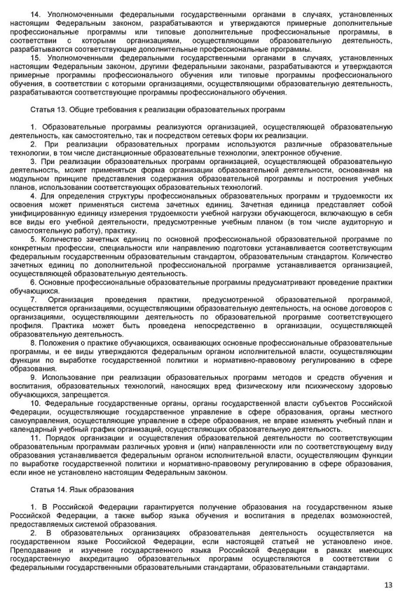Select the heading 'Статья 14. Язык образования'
pos(83,488)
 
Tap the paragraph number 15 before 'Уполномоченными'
pos(35,59)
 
